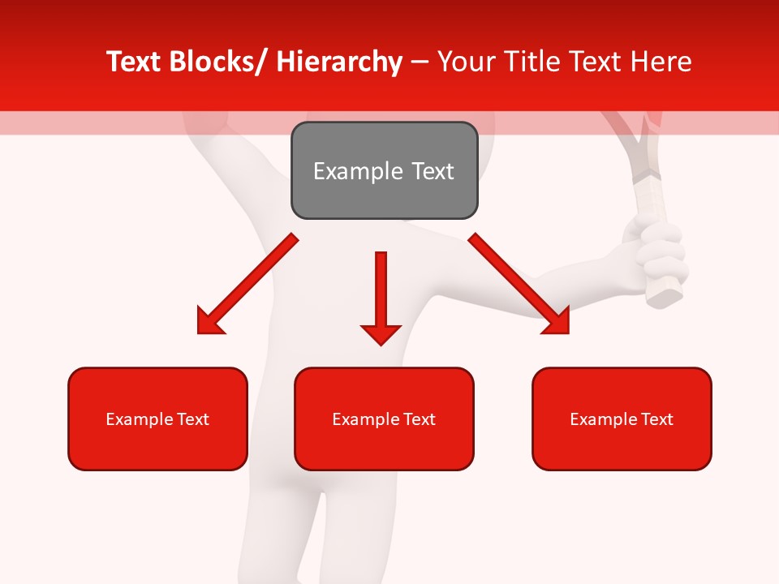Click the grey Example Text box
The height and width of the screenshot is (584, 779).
384,170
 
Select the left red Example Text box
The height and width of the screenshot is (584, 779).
157,419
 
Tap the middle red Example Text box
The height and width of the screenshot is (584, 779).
384,419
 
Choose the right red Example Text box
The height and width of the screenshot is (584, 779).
622,419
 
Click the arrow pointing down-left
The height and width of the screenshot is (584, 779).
247,285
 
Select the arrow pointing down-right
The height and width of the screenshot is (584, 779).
519,284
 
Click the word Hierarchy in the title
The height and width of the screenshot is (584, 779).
339,62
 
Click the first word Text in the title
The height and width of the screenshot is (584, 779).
136,62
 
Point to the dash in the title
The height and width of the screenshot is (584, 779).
419,62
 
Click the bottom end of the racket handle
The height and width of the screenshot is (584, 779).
666,297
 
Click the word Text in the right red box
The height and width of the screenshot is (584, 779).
656,419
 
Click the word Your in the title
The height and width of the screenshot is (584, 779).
466,62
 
